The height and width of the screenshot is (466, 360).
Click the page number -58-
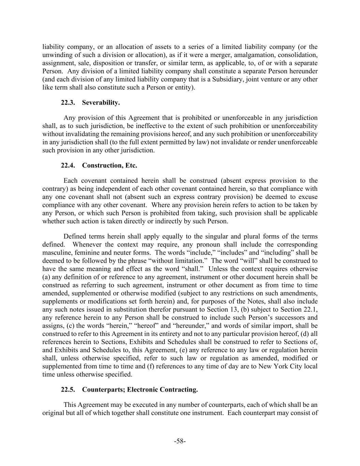click(x=180, y=441)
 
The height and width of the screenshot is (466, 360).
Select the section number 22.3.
click(x=68, y=103)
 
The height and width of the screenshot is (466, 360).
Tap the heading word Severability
click(x=101, y=103)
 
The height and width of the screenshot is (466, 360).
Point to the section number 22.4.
click(x=68, y=166)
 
